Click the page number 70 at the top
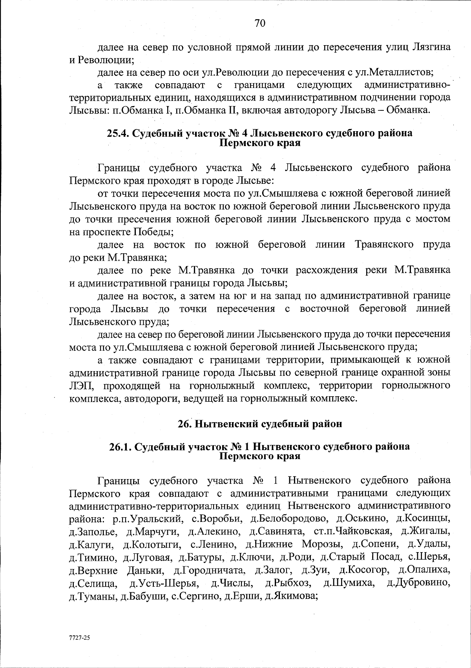[260, 23]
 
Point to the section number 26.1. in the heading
[120, 447]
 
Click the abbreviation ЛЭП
[82, 386]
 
